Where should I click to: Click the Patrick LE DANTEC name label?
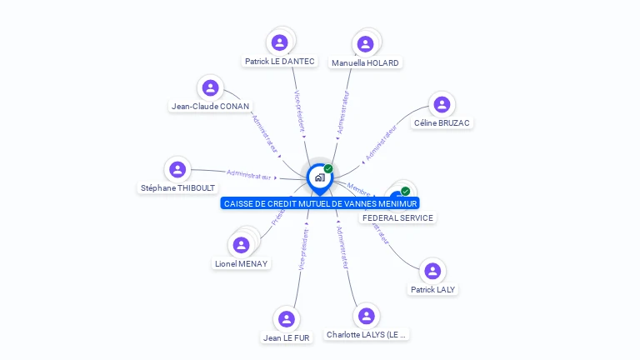point(280,61)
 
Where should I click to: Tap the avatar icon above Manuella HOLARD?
point(365,44)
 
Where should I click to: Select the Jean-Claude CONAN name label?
point(210,106)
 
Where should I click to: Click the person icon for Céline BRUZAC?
point(442,104)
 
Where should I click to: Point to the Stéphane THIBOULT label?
point(177,187)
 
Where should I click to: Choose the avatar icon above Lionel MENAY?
point(241,245)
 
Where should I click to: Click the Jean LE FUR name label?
point(287,337)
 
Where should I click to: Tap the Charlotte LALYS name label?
point(367,334)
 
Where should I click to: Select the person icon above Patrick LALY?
point(432,271)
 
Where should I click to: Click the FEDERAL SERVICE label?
point(397,217)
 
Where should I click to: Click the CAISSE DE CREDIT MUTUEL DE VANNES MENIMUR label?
point(321,203)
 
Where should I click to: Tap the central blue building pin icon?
point(319,177)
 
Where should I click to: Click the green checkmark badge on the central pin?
point(328,168)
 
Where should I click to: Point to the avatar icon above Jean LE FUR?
point(287,319)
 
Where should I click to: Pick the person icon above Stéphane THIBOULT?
point(177,169)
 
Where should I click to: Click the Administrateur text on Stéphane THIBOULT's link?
point(249,175)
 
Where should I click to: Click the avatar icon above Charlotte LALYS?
point(366,315)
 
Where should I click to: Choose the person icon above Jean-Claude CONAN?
point(210,87)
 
